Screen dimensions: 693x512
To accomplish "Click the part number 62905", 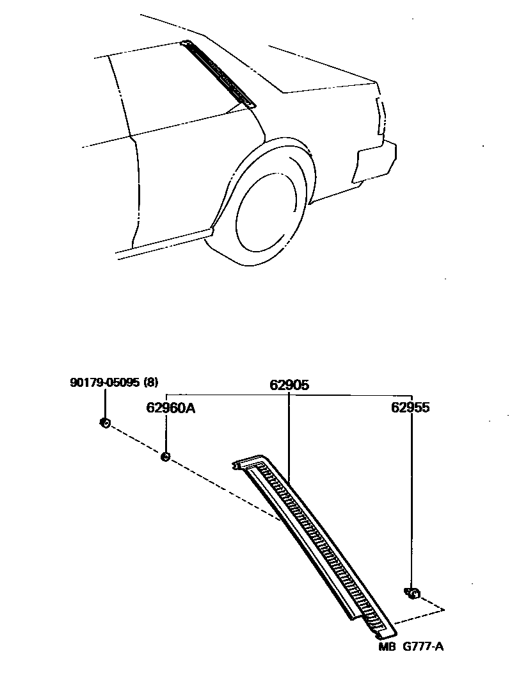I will click(x=289, y=386).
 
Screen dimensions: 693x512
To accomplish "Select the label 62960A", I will click(x=170, y=407).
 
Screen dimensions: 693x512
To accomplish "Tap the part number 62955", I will click(x=412, y=407).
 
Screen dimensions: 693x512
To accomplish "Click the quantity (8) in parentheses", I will click(x=150, y=383).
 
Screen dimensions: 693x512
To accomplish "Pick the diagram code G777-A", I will click(x=422, y=646).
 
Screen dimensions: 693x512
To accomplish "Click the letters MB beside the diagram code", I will click(x=387, y=646).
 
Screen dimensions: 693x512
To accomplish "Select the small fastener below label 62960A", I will click(x=165, y=456).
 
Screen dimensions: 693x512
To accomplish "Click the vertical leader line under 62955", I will click(x=412, y=500).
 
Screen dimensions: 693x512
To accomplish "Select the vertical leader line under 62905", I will click(x=289, y=436).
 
